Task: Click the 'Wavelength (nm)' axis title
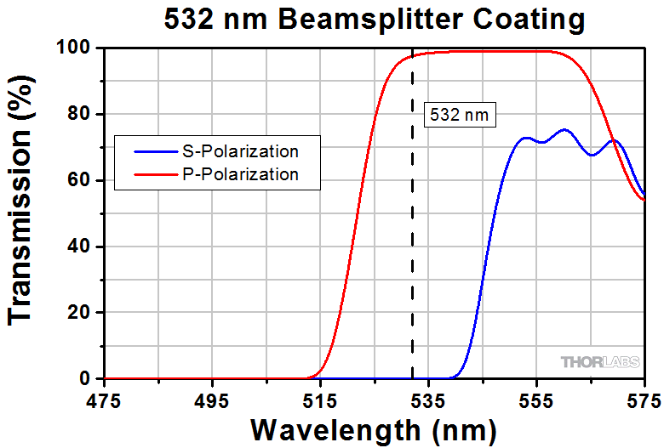point(374,429)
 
